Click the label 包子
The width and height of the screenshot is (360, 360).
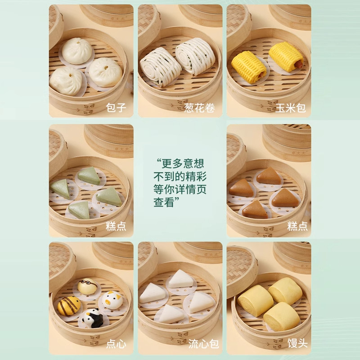coord(115,108)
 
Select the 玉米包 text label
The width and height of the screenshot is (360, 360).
coord(291,108)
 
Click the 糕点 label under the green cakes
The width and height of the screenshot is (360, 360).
coord(115,226)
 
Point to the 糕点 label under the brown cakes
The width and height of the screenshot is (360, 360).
coord(297,226)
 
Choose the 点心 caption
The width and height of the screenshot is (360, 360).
coord(115,344)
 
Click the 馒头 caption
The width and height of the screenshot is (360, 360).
coord(297,344)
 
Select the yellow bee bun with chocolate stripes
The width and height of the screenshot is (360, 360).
coord(69,306)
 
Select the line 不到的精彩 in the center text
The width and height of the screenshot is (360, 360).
coord(180,176)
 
